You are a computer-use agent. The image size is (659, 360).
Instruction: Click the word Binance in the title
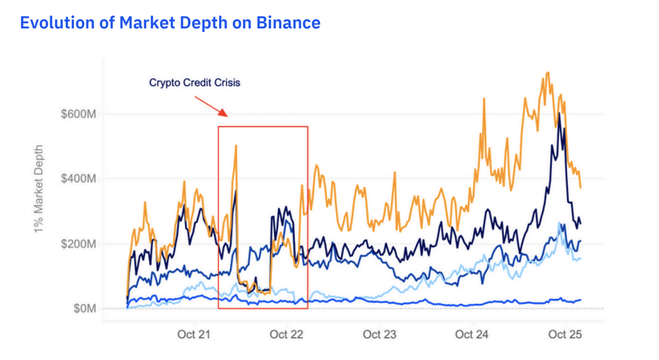pos(289,23)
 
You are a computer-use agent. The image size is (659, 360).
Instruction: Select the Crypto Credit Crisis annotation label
pos(194,83)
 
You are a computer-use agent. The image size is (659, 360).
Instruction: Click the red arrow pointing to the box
pos(211,106)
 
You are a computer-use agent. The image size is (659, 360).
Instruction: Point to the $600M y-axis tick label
pos(78,114)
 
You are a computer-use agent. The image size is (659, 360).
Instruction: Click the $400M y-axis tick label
pos(78,179)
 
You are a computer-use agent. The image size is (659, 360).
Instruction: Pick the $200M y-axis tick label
pos(78,244)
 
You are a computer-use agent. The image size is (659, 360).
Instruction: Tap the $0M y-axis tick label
pos(83,309)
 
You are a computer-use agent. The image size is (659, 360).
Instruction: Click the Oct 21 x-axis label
pos(193,334)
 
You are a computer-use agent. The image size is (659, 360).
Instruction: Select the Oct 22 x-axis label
pos(286,334)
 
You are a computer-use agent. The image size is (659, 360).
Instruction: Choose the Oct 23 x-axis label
pos(379,334)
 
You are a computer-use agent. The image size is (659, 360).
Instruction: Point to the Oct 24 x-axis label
pos(472,334)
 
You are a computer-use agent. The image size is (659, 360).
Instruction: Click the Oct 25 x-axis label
pos(565,334)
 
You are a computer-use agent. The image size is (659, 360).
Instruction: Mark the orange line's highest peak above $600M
pos(548,73)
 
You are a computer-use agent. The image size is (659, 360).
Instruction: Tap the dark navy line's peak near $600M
pos(559,114)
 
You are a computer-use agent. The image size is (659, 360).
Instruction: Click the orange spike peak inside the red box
pos(236,146)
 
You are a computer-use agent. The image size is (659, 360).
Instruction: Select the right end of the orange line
pos(580,187)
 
